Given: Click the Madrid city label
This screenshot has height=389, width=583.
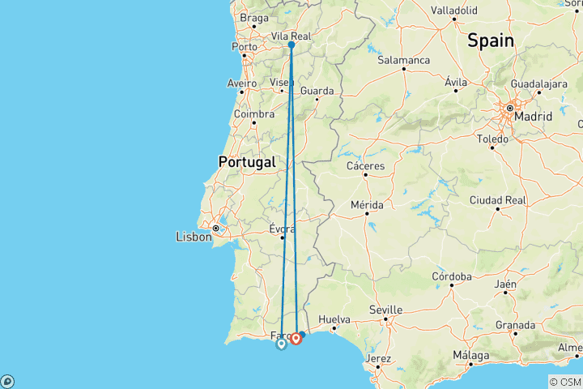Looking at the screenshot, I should [x=533, y=117].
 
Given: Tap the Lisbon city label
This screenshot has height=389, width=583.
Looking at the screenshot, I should [x=194, y=237].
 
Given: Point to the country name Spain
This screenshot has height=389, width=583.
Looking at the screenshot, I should [x=489, y=41].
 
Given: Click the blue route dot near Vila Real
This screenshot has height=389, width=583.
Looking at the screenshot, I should [x=291, y=45].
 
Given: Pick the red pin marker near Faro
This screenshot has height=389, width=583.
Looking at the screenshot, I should [x=297, y=338].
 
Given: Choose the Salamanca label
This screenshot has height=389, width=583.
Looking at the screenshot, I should [x=402, y=60].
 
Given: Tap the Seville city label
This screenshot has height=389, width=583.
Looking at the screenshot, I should [x=385, y=310].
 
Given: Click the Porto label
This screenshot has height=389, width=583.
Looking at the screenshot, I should [x=244, y=47].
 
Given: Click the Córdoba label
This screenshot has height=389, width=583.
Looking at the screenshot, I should [x=452, y=277].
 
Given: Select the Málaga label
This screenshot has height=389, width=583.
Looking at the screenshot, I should [x=471, y=355].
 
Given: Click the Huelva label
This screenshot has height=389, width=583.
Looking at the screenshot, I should [x=334, y=318].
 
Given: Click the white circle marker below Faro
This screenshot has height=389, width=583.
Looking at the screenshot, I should [x=281, y=344].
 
